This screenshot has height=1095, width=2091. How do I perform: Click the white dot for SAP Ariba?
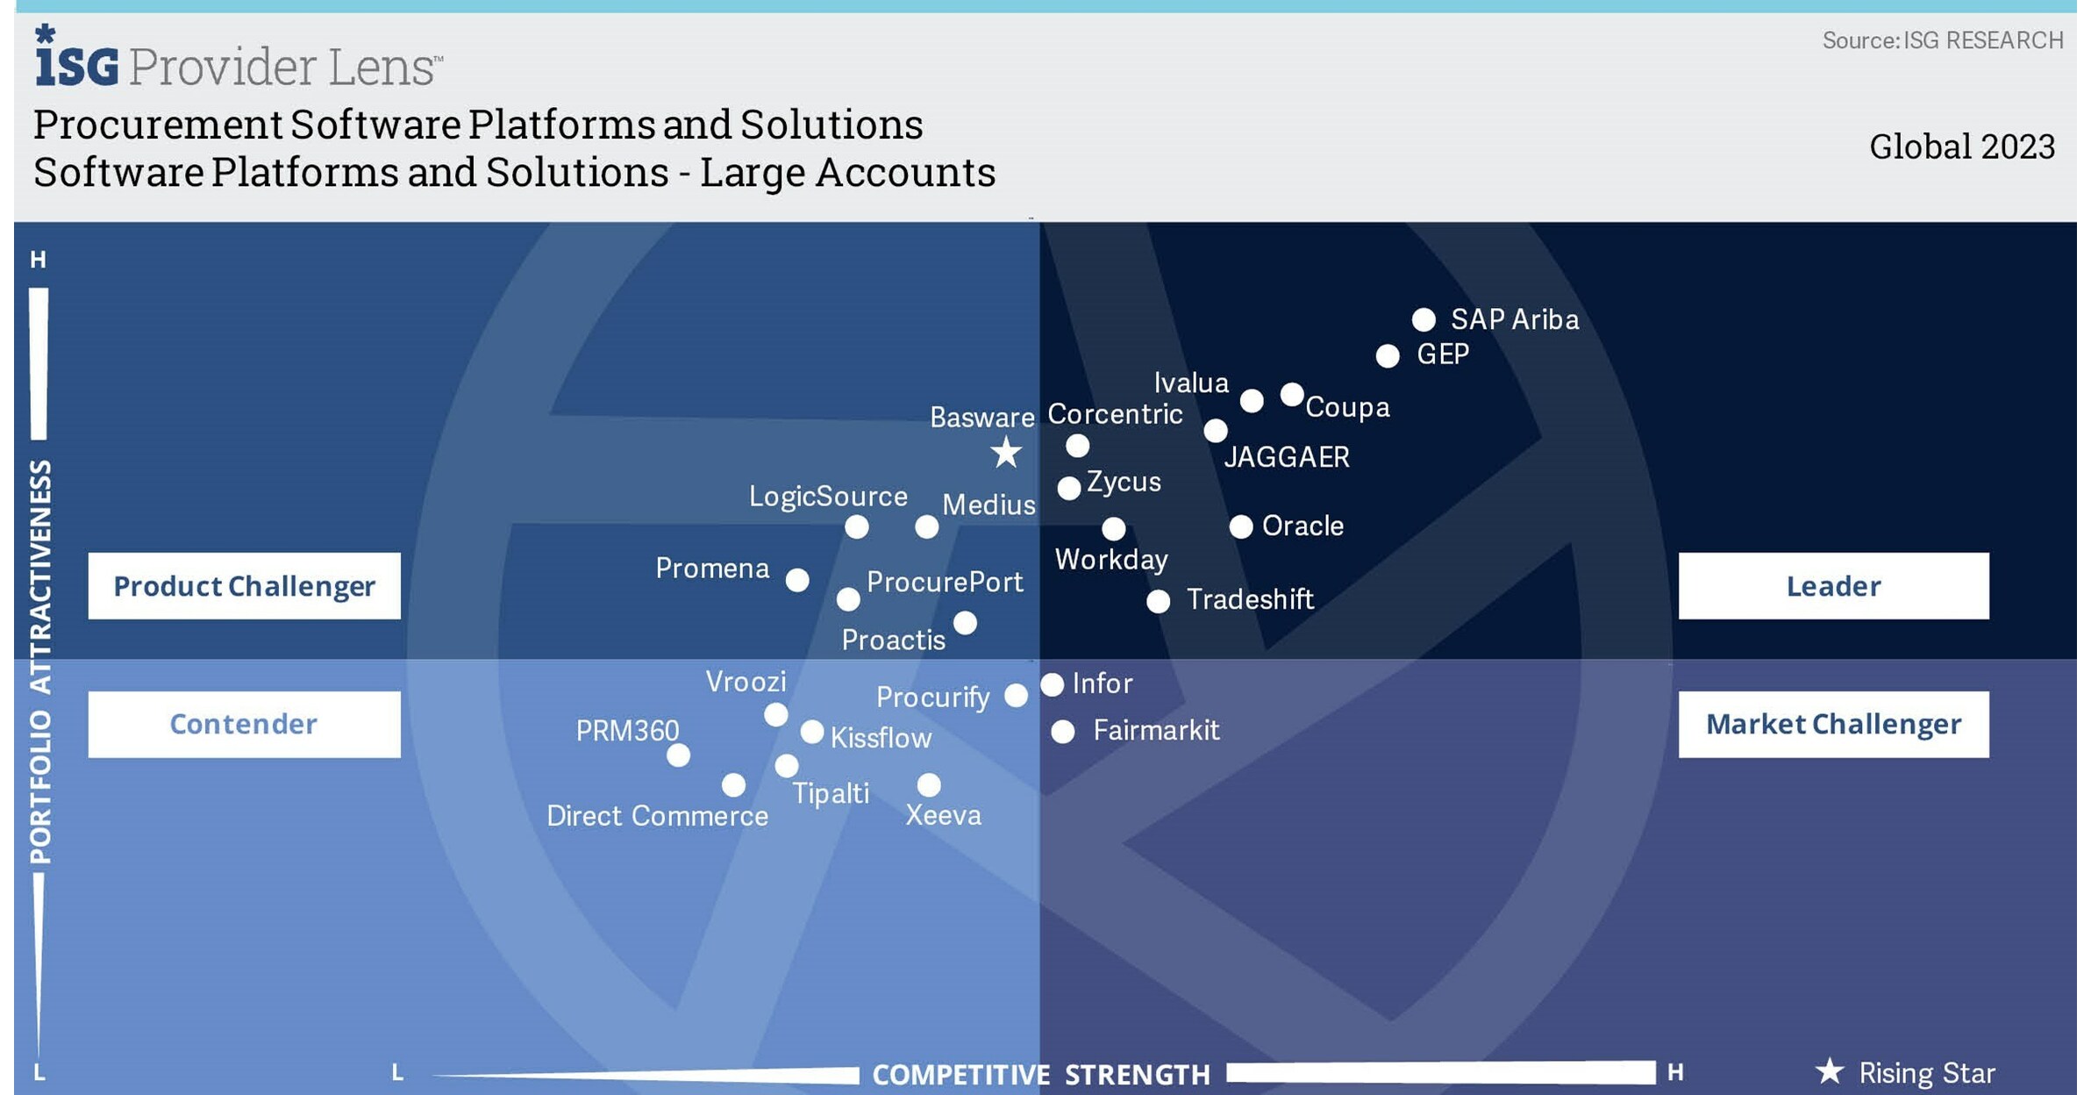1423,319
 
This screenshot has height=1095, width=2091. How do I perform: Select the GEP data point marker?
1387,355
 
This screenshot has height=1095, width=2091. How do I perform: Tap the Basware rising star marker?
1006,453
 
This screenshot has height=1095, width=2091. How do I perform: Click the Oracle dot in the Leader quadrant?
1240,526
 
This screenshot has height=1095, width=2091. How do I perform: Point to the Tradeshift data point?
1158,601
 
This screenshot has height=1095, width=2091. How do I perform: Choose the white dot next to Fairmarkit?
1062,732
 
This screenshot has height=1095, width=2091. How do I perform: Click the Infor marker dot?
1052,684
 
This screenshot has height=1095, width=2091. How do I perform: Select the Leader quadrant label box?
1833,585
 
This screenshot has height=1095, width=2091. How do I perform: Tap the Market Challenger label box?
1833,724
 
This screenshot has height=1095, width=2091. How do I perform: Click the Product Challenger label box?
244,585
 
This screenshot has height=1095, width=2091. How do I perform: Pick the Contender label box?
244,724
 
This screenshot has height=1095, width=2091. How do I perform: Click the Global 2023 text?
1961,147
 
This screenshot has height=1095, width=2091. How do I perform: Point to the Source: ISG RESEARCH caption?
1942,40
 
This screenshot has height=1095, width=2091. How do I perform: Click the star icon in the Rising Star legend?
1829,1071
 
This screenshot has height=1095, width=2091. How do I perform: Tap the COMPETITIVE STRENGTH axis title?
1040,1074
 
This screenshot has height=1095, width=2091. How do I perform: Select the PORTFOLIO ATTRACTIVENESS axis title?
40,662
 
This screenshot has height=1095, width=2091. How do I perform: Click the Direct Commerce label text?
657,816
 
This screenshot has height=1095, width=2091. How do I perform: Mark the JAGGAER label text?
1286,457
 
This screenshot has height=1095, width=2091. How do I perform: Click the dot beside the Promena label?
796,580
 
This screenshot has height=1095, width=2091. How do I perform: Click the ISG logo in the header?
76,60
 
